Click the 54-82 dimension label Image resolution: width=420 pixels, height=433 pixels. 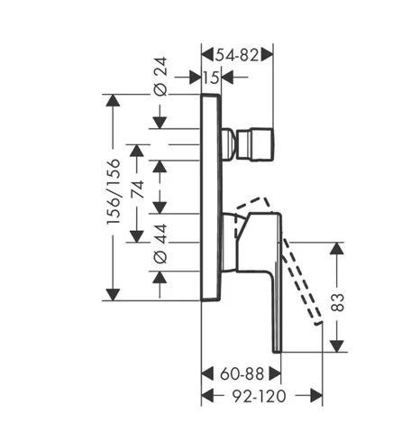237,55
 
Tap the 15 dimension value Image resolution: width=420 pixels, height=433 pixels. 212,78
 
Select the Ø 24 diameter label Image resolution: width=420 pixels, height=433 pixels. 161,77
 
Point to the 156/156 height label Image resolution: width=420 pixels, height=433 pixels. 114,191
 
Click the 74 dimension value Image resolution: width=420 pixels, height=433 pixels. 138,189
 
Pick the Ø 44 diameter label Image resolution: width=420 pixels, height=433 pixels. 161,243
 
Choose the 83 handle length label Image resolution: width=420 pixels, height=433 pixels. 337,302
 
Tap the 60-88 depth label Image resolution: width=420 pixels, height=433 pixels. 242,374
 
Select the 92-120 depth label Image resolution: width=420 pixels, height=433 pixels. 260,396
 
